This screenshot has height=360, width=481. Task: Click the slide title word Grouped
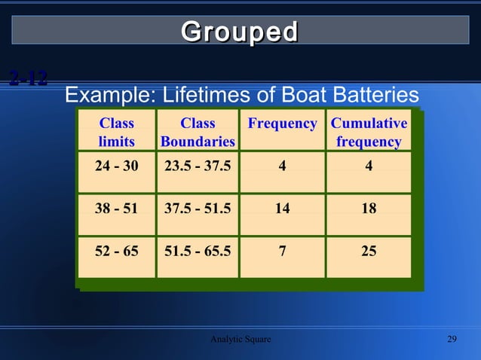(x=240, y=32)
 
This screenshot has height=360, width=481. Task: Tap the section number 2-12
(x=29, y=78)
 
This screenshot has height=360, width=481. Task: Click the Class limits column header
(x=116, y=132)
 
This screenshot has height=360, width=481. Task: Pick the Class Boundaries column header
(x=198, y=132)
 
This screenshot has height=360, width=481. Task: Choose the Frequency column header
(x=282, y=124)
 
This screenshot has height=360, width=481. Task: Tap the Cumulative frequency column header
(x=369, y=132)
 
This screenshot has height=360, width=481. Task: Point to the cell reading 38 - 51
(x=116, y=209)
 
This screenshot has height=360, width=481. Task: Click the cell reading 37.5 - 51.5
(x=198, y=209)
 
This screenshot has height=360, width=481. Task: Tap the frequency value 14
(x=282, y=209)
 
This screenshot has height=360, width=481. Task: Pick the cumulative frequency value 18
(x=369, y=209)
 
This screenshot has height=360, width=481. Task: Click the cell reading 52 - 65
(x=116, y=251)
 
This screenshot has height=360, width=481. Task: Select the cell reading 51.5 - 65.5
(x=198, y=251)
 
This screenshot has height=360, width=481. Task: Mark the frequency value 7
(x=282, y=251)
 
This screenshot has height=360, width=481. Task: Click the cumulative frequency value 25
(x=369, y=251)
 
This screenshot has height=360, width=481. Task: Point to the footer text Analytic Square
(x=240, y=340)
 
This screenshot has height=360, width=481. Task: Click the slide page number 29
(x=452, y=340)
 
